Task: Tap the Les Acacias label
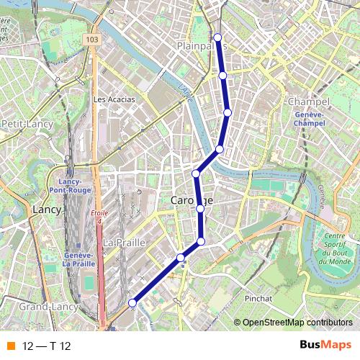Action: click(x=114, y=99)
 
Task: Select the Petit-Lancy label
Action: click(x=27, y=124)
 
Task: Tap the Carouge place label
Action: click(x=192, y=199)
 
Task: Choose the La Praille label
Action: click(x=124, y=243)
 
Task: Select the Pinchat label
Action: click(x=258, y=298)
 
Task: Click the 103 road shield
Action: click(x=91, y=39)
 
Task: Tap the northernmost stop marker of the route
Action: click(x=217, y=37)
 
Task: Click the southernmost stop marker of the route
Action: click(x=132, y=304)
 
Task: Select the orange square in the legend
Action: click(x=10, y=346)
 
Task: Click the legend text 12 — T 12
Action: click(x=46, y=346)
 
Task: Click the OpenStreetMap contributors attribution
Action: click(x=297, y=323)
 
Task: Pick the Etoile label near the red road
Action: click(x=99, y=213)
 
